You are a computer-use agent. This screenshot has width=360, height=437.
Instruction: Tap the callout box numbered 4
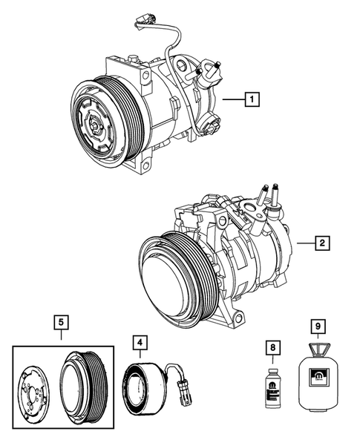pyautogui.click(x=140, y=343)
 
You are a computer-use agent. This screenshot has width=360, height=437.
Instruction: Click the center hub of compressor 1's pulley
pyautogui.click(x=99, y=125)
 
